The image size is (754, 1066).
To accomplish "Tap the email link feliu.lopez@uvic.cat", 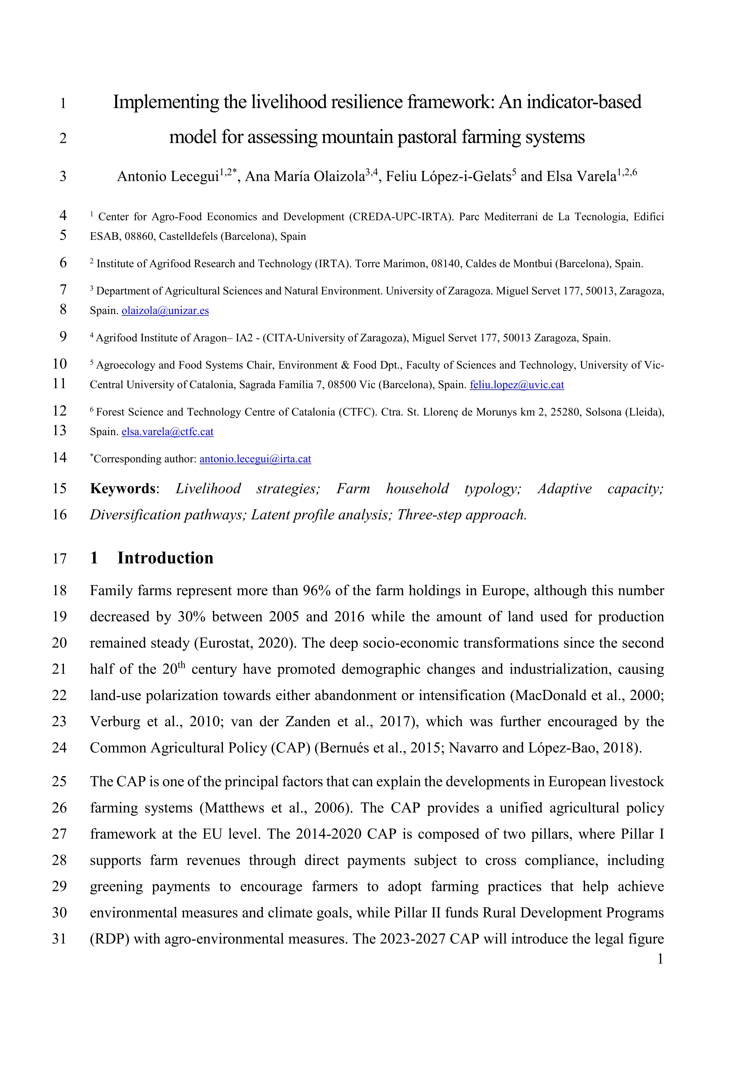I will [x=517, y=385].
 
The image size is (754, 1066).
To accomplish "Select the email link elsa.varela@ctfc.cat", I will [x=167, y=432].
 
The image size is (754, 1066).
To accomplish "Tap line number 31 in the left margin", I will [x=59, y=939].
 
